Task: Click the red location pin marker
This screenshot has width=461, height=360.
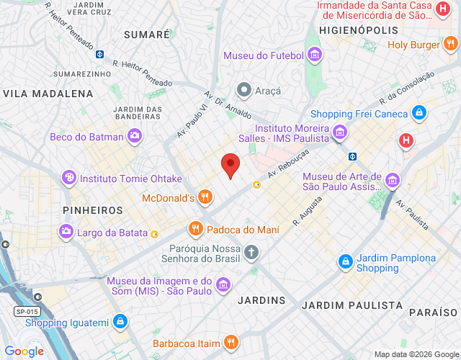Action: (230, 165)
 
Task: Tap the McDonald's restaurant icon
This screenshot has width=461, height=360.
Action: (205, 197)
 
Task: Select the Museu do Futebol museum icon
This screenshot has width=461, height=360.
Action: (314, 55)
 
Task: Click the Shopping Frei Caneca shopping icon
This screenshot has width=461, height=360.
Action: (419, 113)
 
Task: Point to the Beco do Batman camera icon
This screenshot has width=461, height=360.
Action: (135, 136)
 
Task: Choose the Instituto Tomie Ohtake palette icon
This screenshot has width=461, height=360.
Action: (69, 178)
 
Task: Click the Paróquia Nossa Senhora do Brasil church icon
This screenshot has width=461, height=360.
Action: (251, 252)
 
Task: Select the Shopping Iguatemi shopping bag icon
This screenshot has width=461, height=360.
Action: (120, 321)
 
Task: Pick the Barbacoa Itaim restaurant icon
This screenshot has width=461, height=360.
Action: (230, 342)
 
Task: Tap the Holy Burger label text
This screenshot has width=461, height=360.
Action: (413, 45)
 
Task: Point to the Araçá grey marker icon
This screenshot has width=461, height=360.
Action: (244, 91)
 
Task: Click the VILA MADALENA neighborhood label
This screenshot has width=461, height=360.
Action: (48, 94)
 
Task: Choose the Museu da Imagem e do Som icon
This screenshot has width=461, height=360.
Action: (223, 284)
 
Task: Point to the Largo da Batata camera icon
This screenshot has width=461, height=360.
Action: (66, 231)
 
